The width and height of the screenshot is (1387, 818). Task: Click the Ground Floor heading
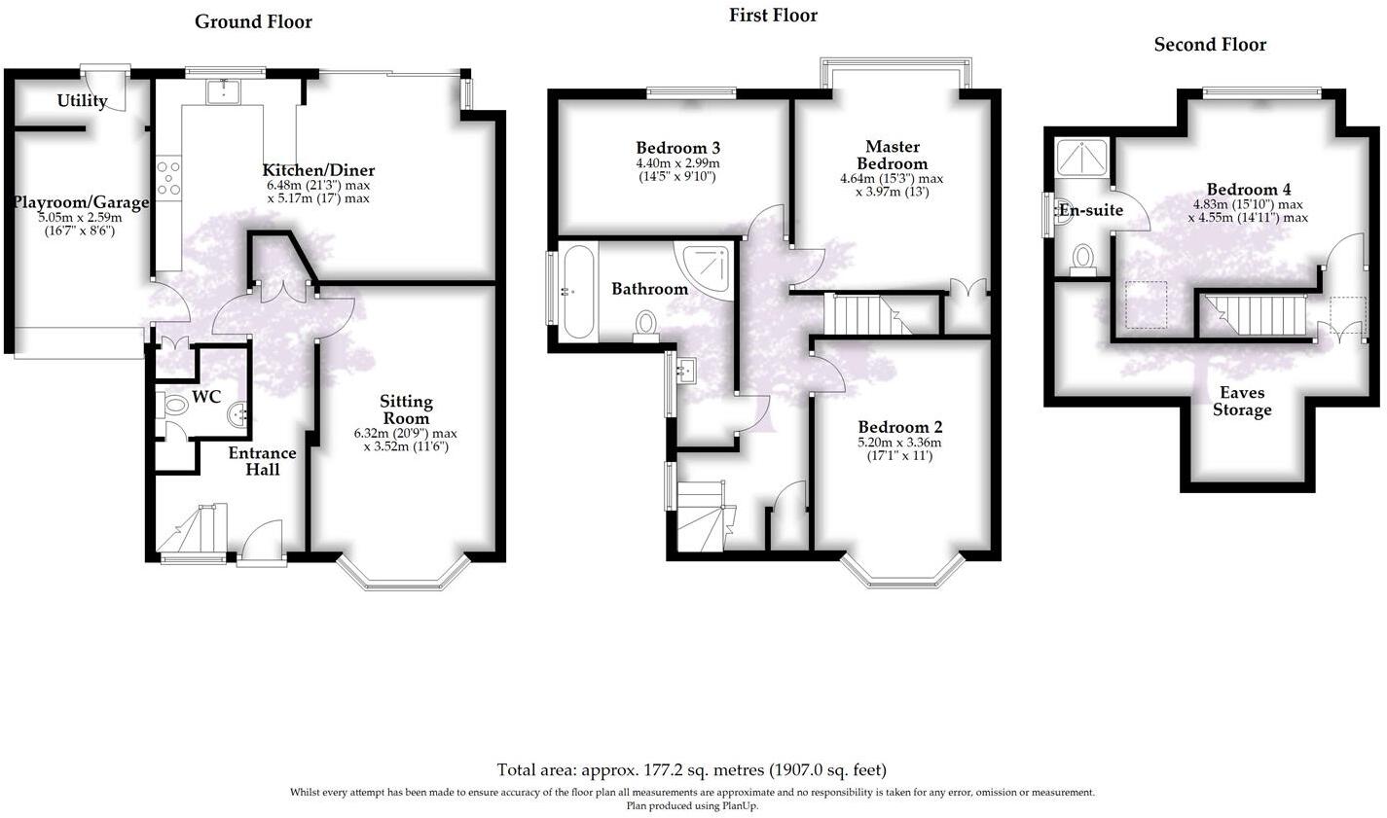(253, 21)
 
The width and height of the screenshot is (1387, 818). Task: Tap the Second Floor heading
(1210, 44)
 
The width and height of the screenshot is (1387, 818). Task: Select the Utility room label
(82, 101)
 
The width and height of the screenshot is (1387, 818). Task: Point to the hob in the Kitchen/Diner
(169, 178)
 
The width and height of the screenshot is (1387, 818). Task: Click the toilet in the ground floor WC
(175, 405)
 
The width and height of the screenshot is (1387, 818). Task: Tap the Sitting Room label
(406, 409)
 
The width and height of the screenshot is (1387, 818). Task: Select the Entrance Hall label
(262, 461)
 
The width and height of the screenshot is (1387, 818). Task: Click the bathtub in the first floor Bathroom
(577, 292)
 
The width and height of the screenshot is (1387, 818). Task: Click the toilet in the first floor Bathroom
(645, 325)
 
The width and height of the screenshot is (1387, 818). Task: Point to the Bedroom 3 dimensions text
(677, 170)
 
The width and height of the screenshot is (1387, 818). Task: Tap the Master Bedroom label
(892, 155)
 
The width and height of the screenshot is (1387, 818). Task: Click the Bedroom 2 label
(899, 427)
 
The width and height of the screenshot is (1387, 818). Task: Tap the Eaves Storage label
(1241, 401)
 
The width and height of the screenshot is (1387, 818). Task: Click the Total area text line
(692, 769)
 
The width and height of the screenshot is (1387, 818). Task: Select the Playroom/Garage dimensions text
(80, 225)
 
